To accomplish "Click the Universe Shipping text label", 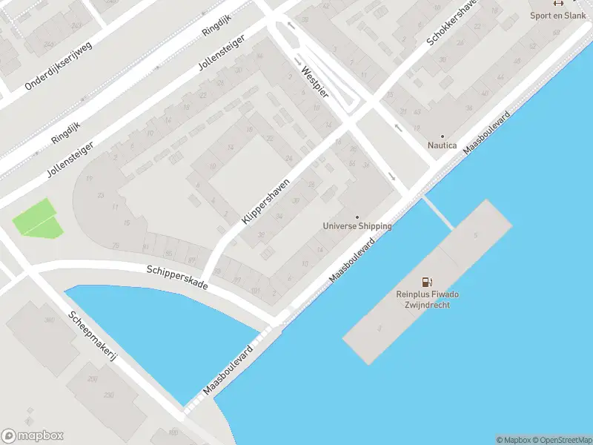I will (x=357, y=226).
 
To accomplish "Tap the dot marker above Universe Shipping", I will (x=357, y=217).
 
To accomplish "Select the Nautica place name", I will (x=443, y=146).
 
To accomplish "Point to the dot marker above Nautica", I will (x=443, y=136).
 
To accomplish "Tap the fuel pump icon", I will (x=426, y=282).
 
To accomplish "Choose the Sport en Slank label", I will (x=557, y=15).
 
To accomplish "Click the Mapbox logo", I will (x=33, y=436).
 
